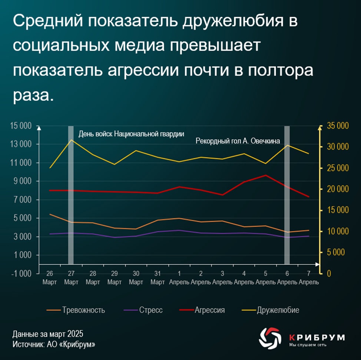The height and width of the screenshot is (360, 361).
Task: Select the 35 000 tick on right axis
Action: [x=337, y=126]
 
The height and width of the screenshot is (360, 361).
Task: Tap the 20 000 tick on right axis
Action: [x=337, y=189]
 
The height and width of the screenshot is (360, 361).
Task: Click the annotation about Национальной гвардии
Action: [x=131, y=134]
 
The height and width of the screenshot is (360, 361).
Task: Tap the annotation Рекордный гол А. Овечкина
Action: [x=238, y=141]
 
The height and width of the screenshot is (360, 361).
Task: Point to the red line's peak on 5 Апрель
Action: [x=265, y=175]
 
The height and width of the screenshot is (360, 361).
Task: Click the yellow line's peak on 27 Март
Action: [x=71, y=140]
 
